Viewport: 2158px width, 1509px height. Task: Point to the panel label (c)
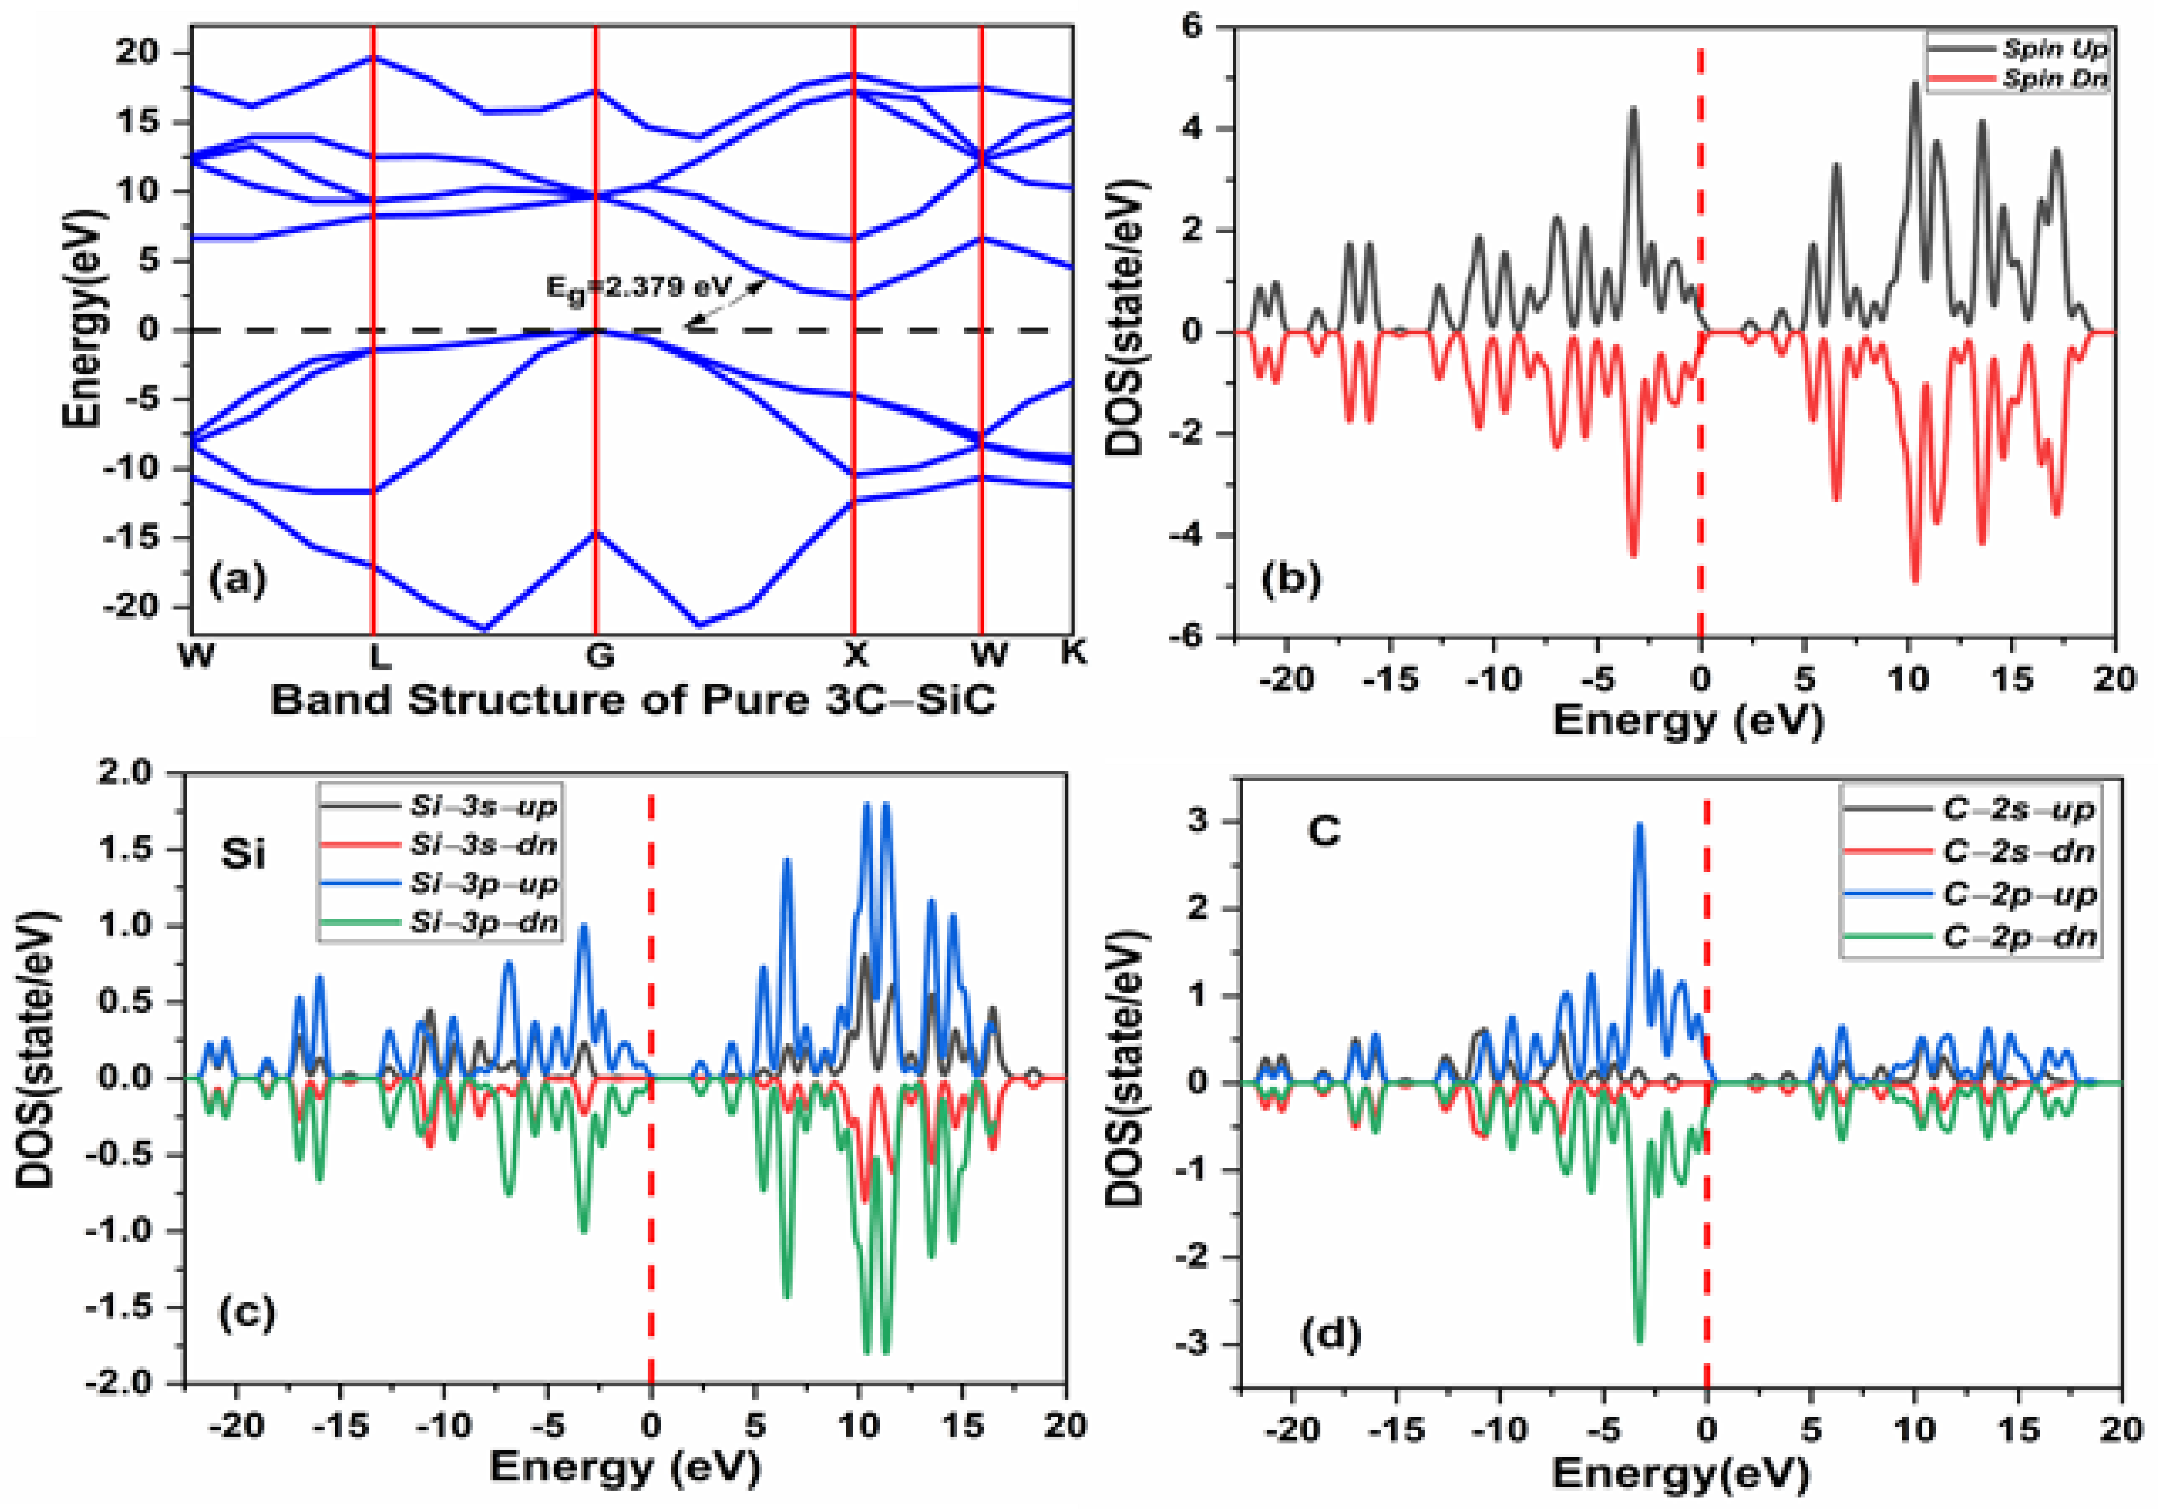246,1312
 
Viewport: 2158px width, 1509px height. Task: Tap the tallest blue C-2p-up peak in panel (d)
1639,827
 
